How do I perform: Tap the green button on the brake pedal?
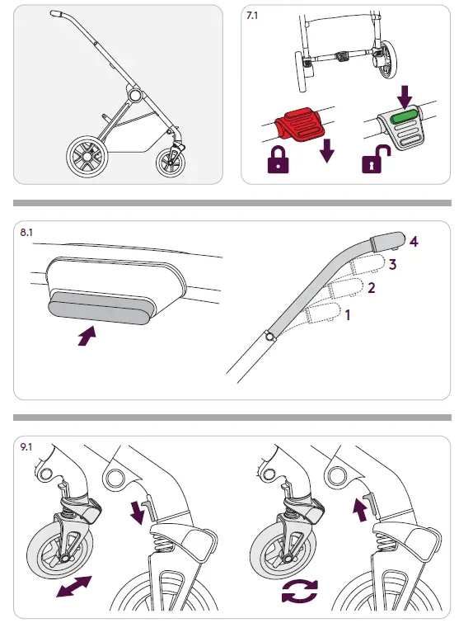point(404,119)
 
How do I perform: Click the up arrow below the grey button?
point(87,335)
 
